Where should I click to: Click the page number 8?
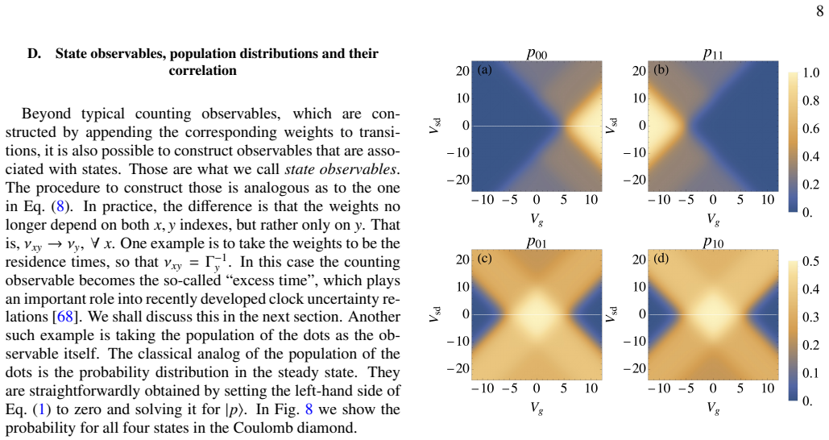click(819, 10)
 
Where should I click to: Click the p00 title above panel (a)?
click(537, 53)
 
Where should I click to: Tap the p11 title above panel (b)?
click(713, 53)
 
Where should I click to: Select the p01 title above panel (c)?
click(537, 243)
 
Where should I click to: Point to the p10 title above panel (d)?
click(713, 243)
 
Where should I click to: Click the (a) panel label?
click(484, 70)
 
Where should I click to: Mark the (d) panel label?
click(661, 259)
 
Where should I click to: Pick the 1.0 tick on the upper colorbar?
click(810, 73)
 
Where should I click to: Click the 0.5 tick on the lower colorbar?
click(810, 262)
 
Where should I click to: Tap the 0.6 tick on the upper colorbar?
click(810, 128)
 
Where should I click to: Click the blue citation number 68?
click(64, 317)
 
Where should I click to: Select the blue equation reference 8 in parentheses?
click(60, 206)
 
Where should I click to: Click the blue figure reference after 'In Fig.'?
click(309, 409)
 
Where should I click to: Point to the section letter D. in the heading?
click(35, 53)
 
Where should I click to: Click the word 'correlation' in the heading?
click(202, 70)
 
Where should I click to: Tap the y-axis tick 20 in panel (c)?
click(462, 259)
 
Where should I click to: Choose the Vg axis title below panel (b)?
click(713, 218)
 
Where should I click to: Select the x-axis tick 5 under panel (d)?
click(740, 388)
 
